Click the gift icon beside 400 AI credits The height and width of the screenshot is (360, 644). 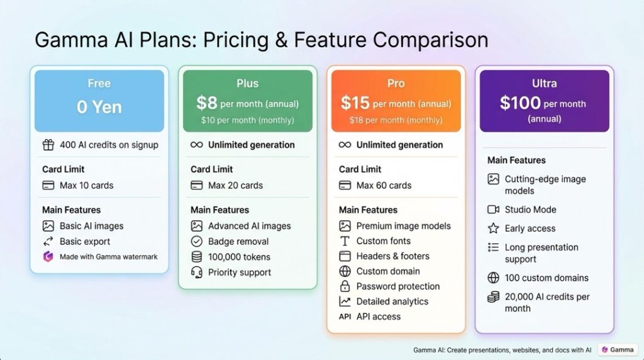[48, 145]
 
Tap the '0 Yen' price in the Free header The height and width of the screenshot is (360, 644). [99, 107]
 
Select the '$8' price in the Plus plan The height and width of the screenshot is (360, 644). [206, 103]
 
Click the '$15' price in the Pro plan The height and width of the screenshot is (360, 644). [355, 103]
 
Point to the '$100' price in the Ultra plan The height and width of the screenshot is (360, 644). [520, 103]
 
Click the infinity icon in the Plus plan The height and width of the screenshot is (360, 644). [197, 145]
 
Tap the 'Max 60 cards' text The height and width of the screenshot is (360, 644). [384, 185]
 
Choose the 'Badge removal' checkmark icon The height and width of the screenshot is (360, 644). [197, 241]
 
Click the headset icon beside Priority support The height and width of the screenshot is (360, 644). [197, 272]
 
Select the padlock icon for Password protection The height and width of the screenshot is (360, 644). [345, 286]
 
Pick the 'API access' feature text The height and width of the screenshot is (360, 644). [378, 317]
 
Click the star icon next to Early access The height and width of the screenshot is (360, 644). [493, 228]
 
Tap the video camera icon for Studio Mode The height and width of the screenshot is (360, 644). [493, 210]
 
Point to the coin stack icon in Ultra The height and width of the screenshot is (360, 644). [493, 296]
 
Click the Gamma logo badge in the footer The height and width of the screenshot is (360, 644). [618, 350]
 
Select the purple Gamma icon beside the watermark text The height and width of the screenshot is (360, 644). [48, 256]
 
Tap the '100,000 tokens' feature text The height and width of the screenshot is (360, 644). [239, 257]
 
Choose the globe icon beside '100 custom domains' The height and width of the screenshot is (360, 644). [493, 278]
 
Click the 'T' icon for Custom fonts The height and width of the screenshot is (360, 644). [345, 241]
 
